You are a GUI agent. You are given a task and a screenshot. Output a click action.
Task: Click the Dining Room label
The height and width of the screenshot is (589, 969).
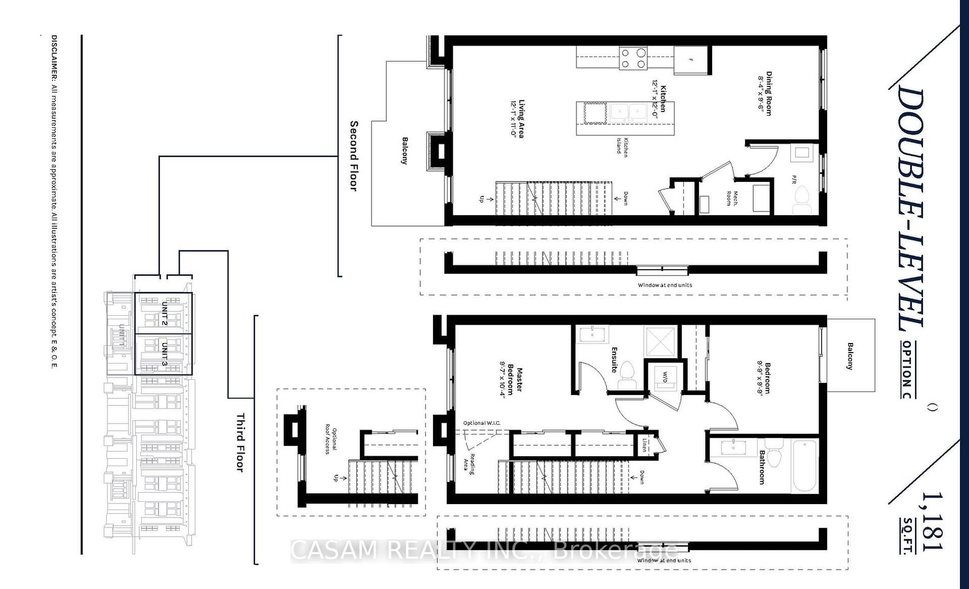[x=765, y=94]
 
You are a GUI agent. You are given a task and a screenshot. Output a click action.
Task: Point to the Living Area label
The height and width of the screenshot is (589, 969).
[x=517, y=119]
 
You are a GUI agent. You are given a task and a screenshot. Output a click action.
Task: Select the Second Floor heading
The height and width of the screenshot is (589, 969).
[x=354, y=156]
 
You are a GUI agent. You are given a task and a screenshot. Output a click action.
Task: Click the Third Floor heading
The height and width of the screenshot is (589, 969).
[x=240, y=442]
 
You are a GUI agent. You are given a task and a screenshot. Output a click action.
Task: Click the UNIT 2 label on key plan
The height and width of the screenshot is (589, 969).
[x=164, y=313]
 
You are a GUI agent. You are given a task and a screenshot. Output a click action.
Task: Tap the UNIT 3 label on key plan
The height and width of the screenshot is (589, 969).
[x=164, y=354]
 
